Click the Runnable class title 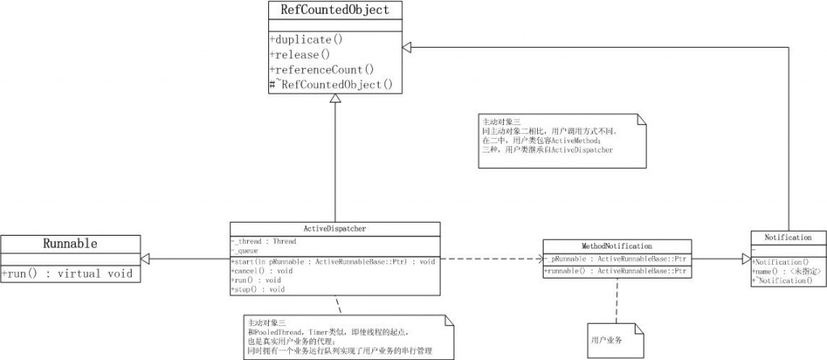tap(69, 243)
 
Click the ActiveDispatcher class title tap(335, 228)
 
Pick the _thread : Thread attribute tap(254, 241)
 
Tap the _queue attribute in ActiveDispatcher tap(245, 250)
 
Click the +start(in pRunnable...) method tap(334, 262)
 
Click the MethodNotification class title tap(616, 245)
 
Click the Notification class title tap(787, 237)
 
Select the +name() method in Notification tap(787, 271)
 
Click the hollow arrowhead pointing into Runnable tap(146, 259)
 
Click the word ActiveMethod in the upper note tap(561, 140)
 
